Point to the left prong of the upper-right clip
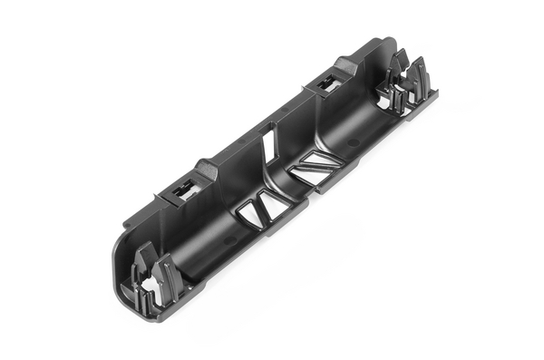pyautogui.click(x=399, y=68)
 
